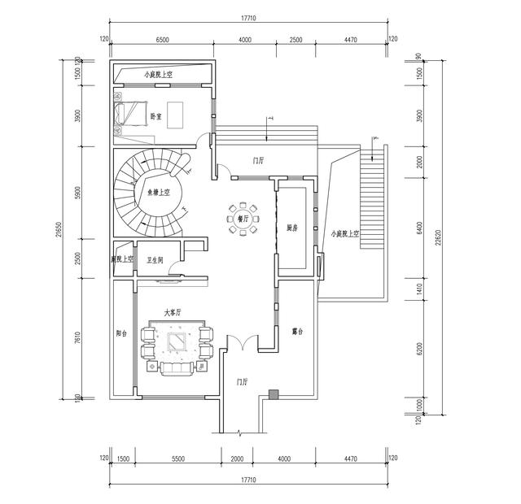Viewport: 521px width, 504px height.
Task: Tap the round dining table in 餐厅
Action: pyautogui.click(x=243, y=219)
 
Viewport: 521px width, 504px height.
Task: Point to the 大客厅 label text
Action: pyautogui.click(x=173, y=311)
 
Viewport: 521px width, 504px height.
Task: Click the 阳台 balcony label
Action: pyautogui.click(x=121, y=332)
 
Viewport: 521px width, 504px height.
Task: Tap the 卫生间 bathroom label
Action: pyautogui.click(x=155, y=261)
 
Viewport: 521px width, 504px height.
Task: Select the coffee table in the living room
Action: pyautogui.click(x=176, y=343)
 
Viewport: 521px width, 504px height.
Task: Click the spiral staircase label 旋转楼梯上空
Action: pyautogui.click(x=152, y=193)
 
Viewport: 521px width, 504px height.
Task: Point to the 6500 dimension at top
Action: pyautogui.click(x=162, y=39)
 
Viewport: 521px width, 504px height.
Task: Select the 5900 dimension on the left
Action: pyautogui.click(x=78, y=194)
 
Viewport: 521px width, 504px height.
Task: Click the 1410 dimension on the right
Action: pyautogui.click(x=419, y=287)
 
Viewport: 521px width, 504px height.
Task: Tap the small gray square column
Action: pyautogui.click(x=273, y=395)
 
